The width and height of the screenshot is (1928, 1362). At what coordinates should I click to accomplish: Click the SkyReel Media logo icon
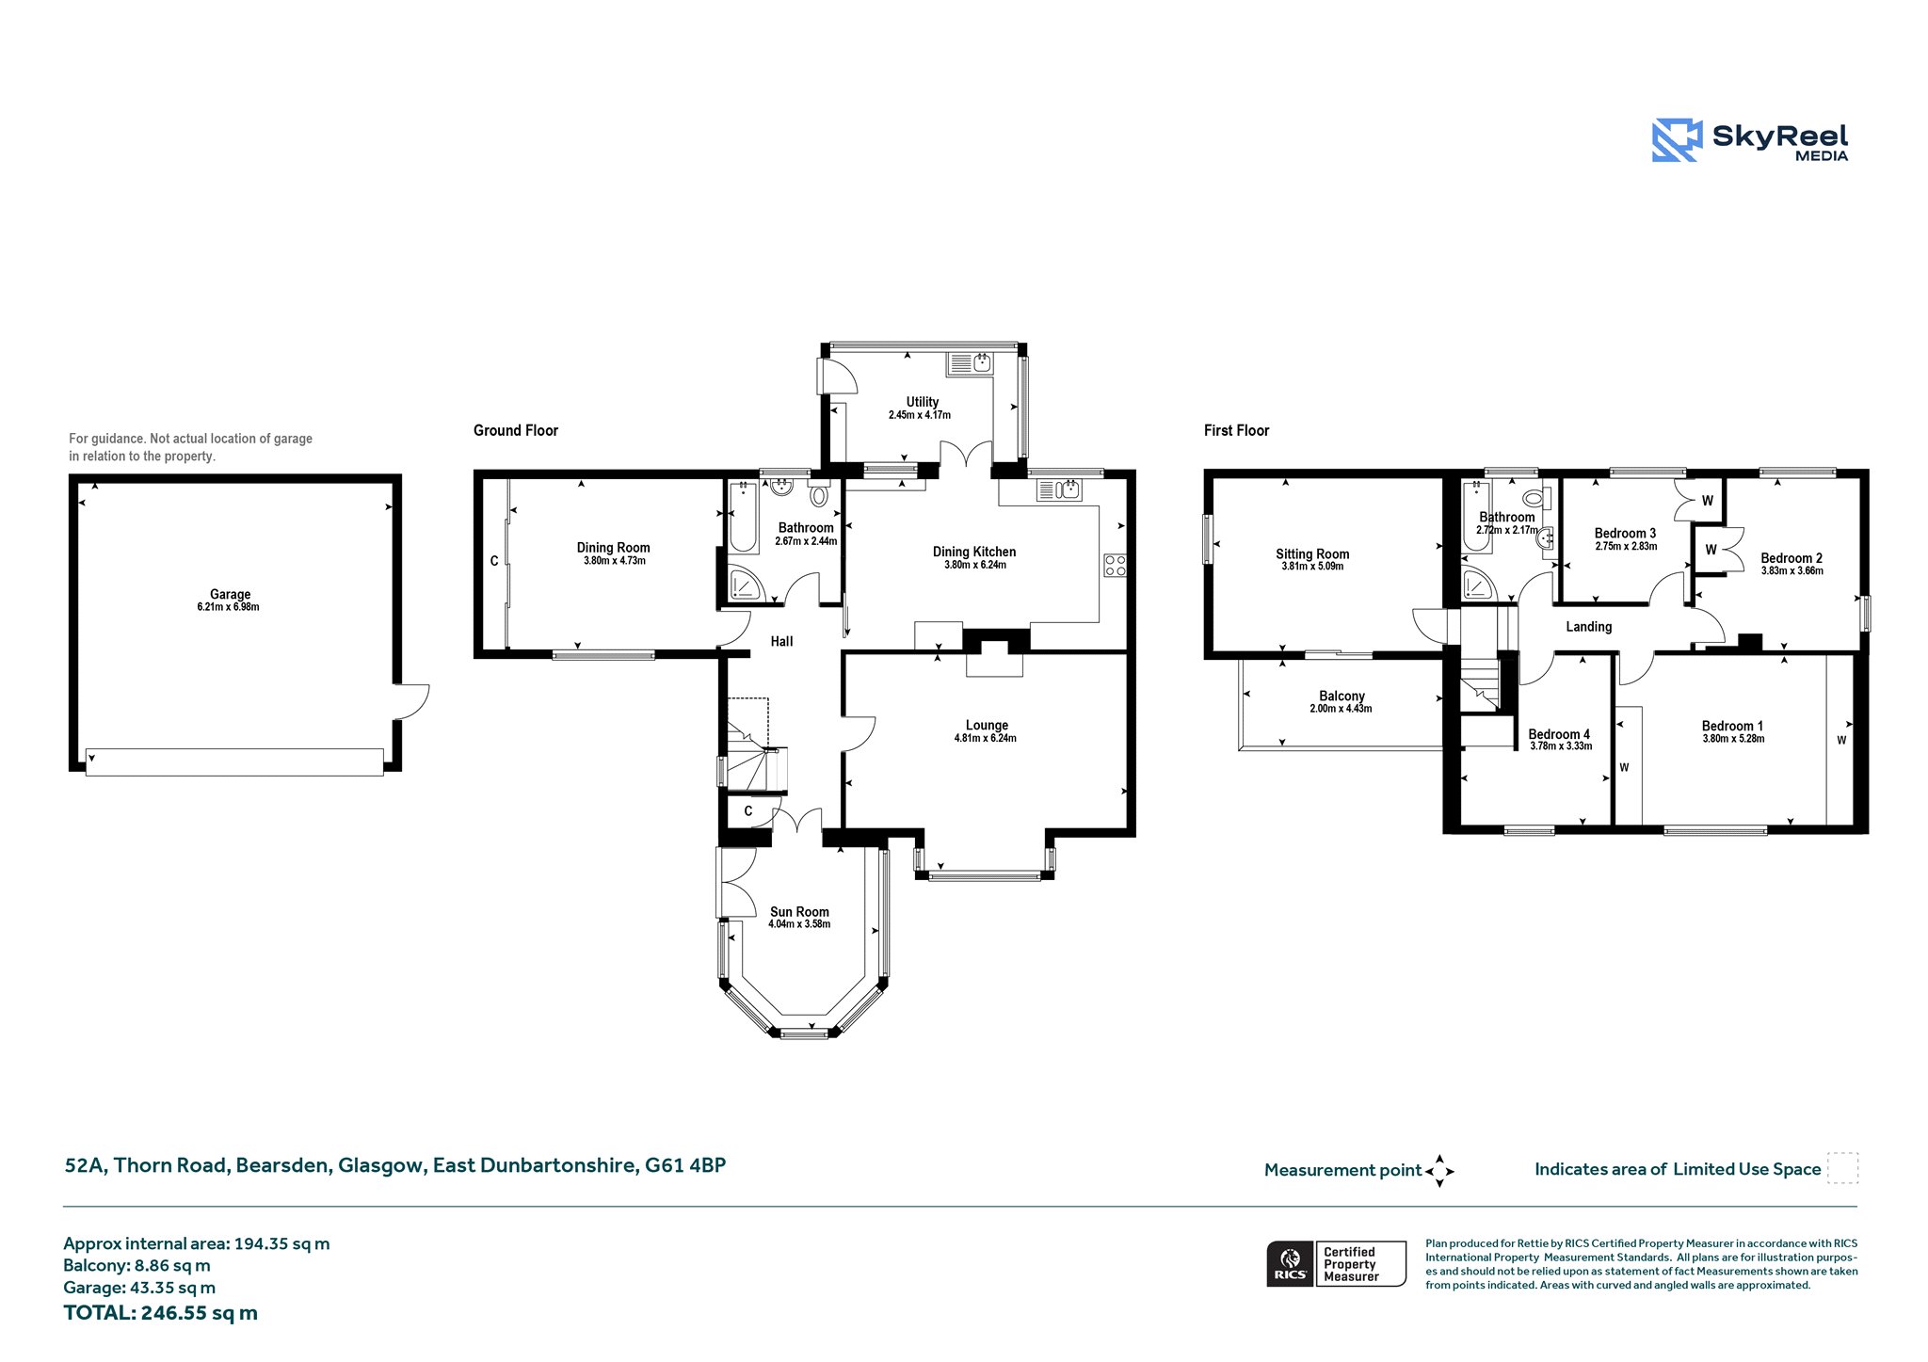(x=1677, y=140)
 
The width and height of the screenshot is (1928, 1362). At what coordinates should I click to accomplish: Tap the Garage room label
(x=231, y=594)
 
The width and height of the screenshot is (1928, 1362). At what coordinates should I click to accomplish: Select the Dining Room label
(x=614, y=548)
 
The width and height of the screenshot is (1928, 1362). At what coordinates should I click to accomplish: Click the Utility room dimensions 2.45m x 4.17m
(x=920, y=415)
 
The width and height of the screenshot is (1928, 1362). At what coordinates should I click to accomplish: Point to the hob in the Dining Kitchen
(x=1115, y=566)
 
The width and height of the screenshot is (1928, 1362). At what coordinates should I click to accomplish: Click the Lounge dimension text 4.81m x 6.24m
(x=986, y=739)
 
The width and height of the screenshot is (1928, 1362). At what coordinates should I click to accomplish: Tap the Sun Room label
(x=799, y=911)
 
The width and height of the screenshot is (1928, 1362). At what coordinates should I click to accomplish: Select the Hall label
(x=781, y=641)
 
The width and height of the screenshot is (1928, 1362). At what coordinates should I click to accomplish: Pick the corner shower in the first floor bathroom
(x=1478, y=585)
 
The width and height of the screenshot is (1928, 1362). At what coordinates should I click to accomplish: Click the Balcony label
(x=1342, y=696)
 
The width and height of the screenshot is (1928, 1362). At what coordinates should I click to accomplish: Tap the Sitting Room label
(x=1312, y=554)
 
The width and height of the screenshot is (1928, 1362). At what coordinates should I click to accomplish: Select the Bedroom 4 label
(x=1559, y=734)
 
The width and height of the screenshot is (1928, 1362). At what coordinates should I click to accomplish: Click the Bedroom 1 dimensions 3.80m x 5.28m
(x=1733, y=739)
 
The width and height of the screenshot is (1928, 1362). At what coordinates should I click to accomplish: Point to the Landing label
(x=1589, y=627)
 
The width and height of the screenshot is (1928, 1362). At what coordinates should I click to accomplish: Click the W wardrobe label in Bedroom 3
(x=1708, y=501)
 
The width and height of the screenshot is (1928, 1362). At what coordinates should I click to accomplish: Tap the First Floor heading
(x=1236, y=430)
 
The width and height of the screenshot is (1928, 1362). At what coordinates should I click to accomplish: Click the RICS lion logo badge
(x=1291, y=1263)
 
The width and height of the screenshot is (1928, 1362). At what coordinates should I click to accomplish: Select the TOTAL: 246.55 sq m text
(x=160, y=1313)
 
